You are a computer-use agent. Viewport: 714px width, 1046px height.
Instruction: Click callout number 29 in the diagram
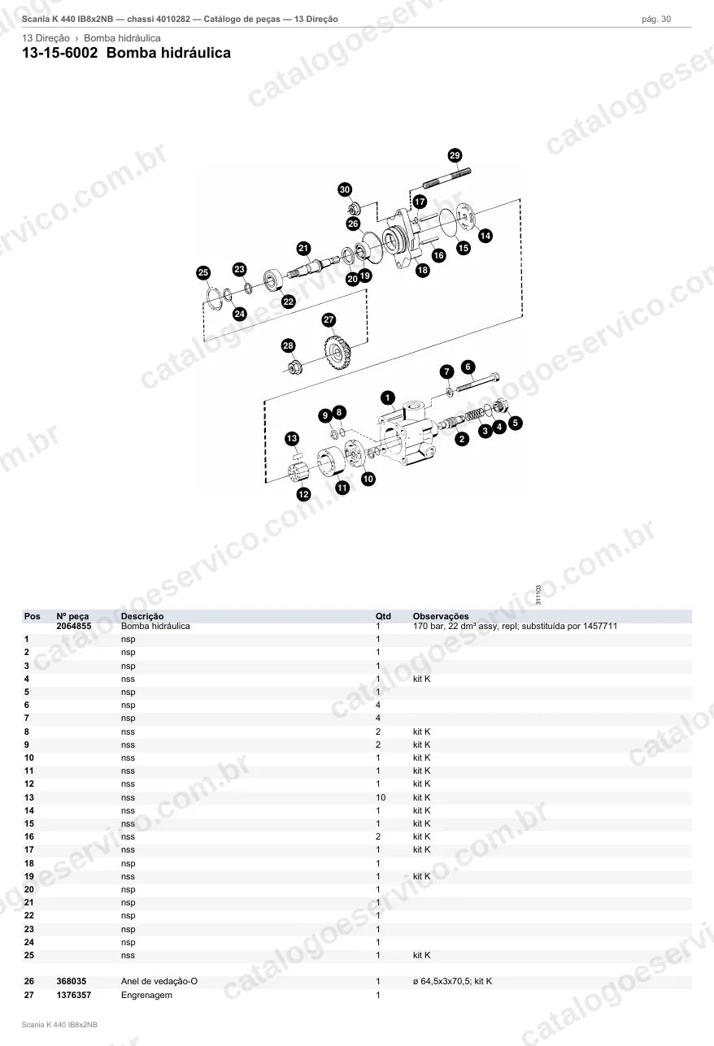point(455,155)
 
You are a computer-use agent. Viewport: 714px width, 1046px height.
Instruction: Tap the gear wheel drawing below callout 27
point(337,352)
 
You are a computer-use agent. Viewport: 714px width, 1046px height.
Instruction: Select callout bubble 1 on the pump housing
point(387,398)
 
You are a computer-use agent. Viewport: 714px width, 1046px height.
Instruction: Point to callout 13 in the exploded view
point(292,439)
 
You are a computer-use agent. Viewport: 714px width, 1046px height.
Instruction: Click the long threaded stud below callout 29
point(446,178)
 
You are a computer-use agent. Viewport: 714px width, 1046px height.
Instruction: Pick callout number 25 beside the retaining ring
point(203,273)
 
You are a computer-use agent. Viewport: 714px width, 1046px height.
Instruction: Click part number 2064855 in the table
point(74,626)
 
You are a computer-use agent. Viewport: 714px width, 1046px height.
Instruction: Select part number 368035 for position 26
point(72,981)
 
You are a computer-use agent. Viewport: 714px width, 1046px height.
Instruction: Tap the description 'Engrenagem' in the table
point(146,995)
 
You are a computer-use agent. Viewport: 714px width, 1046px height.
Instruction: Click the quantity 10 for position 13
point(381,797)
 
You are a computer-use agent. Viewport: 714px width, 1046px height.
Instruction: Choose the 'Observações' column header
point(441,616)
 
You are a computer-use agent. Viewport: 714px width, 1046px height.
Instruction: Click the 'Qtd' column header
point(383,616)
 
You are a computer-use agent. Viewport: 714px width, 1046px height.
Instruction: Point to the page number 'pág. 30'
point(656,20)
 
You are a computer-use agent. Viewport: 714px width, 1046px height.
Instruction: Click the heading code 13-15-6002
point(60,53)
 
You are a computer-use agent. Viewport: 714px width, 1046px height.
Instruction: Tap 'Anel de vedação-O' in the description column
point(159,981)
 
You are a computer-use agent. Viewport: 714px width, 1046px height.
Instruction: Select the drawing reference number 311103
point(538,595)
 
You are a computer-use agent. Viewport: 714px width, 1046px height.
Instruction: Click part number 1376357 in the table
point(74,995)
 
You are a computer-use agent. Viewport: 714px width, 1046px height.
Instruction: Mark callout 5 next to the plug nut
point(516,423)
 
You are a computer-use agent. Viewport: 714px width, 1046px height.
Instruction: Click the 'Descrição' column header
point(142,616)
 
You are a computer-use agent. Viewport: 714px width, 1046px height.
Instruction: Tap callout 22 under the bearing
point(289,302)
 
